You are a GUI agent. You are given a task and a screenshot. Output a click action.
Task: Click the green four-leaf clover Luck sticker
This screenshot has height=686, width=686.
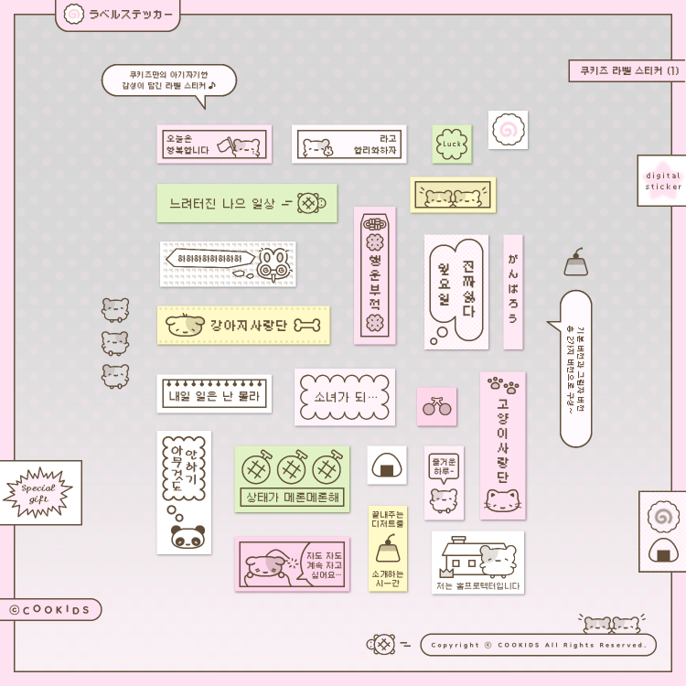tap(452, 144)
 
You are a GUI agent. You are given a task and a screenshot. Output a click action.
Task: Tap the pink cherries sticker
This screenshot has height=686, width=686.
tap(436, 407)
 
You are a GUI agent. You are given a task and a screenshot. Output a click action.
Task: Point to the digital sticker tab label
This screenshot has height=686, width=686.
tap(662, 180)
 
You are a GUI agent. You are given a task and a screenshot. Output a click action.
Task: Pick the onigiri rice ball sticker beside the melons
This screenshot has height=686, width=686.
tap(387, 466)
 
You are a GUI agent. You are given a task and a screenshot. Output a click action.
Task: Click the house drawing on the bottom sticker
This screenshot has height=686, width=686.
tap(461, 559)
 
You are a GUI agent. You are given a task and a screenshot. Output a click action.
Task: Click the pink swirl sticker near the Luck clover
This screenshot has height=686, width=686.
tap(508, 130)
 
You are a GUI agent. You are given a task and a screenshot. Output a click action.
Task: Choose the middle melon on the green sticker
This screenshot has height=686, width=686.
tap(292, 468)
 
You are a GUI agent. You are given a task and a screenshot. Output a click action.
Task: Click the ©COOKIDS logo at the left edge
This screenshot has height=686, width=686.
tap(51, 610)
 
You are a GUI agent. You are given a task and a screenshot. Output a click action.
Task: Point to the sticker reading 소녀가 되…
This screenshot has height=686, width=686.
tap(344, 397)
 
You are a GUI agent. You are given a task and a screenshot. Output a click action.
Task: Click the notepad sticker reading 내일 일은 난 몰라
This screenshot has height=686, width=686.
tap(214, 394)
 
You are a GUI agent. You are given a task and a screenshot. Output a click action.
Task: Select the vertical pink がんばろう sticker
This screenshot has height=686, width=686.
tap(513, 292)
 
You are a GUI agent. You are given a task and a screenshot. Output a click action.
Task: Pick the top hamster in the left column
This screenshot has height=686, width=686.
tap(114, 309)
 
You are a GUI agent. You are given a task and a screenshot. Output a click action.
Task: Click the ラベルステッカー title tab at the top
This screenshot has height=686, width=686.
tap(117, 15)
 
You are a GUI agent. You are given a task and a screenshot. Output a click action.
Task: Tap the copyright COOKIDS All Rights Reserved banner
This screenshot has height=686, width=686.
tap(538, 645)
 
